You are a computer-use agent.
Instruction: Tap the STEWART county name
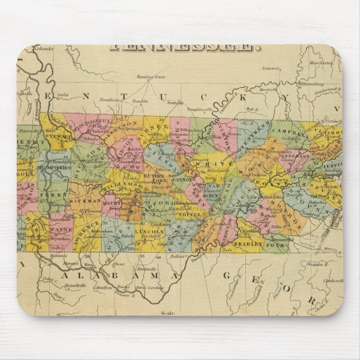click(x=55, y=134)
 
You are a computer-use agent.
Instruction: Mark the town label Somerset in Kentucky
click(x=270, y=69)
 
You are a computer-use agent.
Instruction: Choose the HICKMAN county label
click(x=86, y=200)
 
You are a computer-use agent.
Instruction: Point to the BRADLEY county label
click(x=249, y=244)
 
